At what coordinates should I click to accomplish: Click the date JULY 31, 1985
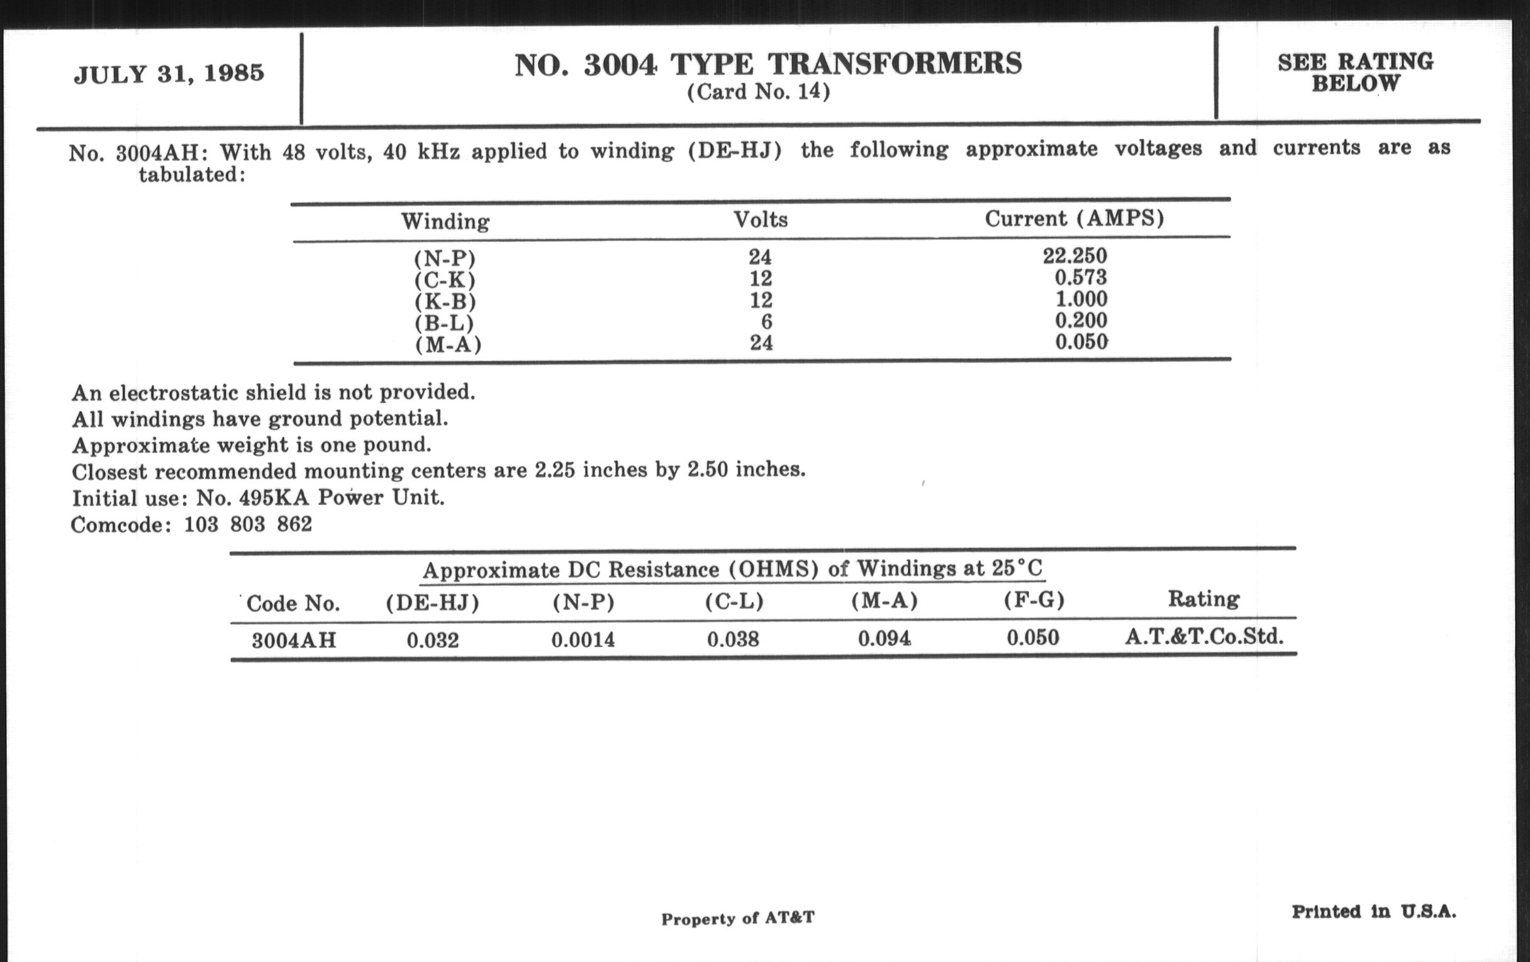point(169,74)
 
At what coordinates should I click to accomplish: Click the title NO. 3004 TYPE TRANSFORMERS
point(768,65)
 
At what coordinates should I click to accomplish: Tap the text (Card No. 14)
point(759,92)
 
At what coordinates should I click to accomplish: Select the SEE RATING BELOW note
point(1355,72)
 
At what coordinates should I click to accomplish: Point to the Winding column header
point(445,221)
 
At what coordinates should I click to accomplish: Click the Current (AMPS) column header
point(1075,218)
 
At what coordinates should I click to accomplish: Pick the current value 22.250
point(1075,256)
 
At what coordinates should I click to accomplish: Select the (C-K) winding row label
point(445,280)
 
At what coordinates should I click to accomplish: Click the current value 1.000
point(1081,299)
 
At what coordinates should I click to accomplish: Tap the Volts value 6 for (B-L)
point(766,321)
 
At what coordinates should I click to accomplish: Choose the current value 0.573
point(1081,277)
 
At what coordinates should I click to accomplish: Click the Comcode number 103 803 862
point(248,524)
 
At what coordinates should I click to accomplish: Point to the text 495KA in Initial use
point(274,498)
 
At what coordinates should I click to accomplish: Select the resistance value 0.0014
point(583,639)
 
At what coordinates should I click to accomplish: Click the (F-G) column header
point(1034,600)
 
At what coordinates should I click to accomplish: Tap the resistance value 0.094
point(884,638)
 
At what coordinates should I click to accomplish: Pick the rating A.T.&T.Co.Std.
point(1203,637)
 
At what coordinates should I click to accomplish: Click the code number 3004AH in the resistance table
point(294,640)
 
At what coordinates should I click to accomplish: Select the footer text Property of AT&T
point(737,918)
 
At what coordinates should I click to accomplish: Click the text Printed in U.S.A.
point(1373,912)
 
